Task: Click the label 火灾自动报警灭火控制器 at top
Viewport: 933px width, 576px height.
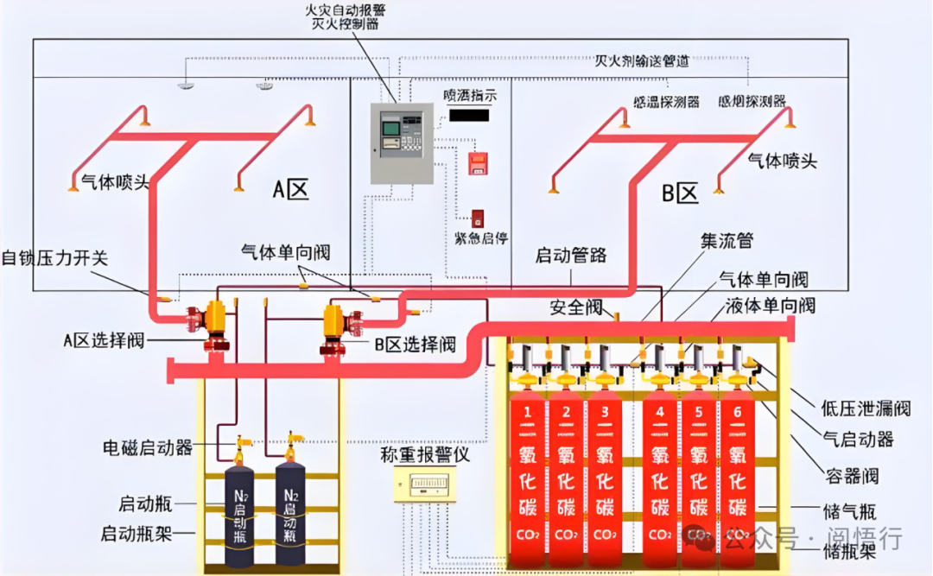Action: tap(346, 16)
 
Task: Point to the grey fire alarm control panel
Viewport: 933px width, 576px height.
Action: tap(401, 143)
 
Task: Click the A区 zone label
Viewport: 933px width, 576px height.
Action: tap(290, 190)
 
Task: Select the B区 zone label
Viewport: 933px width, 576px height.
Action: tap(679, 193)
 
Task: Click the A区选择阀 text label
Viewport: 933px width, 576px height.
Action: tap(103, 339)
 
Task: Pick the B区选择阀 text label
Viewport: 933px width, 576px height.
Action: tap(415, 345)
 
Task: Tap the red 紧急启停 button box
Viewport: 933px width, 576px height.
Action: tap(478, 218)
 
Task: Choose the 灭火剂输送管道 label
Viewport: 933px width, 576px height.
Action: tap(642, 61)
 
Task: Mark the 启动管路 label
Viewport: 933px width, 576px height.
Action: tap(571, 255)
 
